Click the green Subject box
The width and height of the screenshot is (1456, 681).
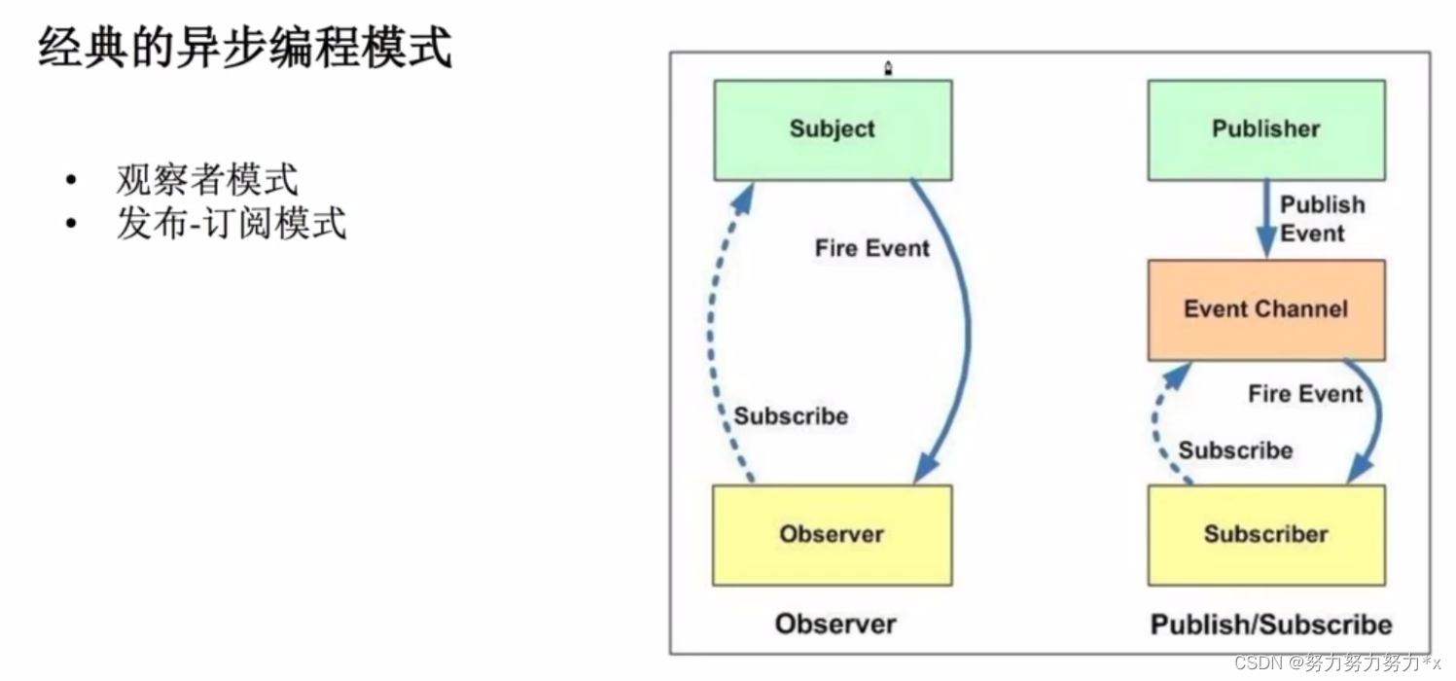[833, 129]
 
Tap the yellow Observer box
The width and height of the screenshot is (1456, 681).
[832, 534]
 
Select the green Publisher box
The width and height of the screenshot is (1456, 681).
[1265, 129]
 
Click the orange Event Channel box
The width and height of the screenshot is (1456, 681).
[1265, 309]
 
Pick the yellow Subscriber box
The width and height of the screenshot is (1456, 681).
[1265, 534]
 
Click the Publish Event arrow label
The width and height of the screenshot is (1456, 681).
[1321, 219]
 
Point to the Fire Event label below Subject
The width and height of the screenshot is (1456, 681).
[872, 248]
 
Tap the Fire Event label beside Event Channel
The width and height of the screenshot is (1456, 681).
[1305, 394]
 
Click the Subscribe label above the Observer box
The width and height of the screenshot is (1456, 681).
[791, 416]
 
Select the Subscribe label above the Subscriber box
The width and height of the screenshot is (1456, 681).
[1235, 450]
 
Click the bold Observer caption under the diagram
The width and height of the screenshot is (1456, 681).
[835, 624]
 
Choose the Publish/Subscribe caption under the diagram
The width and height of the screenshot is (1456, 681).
[1270, 624]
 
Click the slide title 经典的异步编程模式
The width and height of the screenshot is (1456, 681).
[245, 48]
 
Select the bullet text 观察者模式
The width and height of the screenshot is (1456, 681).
[206, 180]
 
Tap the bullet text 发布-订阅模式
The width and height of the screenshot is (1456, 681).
[231, 225]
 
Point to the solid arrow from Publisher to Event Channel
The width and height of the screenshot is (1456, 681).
[1265, 219]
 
